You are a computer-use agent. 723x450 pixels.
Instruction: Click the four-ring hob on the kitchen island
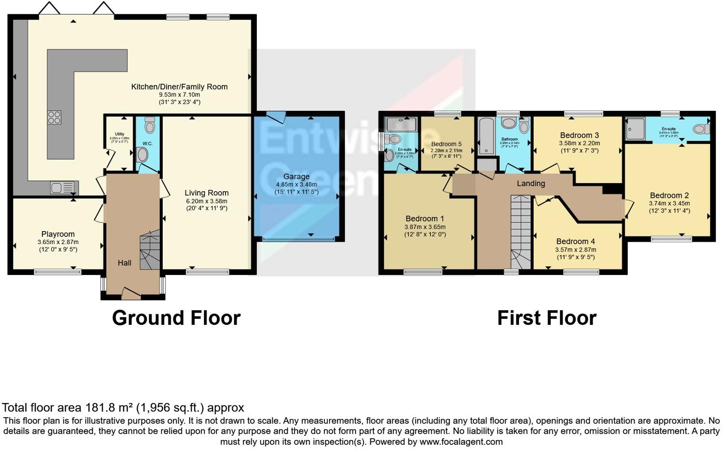point(54,117)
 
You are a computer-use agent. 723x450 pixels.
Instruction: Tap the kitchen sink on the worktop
point(62,187)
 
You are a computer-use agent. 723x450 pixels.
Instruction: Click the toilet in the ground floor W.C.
point(149,125)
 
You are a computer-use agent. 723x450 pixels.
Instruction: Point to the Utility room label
point(119,134)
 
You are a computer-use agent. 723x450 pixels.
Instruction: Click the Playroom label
point(58,234)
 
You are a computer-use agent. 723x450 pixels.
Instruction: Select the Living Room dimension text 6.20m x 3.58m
point(206,201)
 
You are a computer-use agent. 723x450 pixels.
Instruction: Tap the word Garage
point(296,176)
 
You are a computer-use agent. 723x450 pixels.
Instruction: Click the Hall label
point(125,263)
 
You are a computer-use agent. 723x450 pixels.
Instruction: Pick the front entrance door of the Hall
point(131,293)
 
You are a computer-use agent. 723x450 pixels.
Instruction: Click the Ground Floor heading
point(176,318)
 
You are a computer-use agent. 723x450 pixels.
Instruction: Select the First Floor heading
point(547,318)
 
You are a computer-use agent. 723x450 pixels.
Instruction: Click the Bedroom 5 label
point(446,144)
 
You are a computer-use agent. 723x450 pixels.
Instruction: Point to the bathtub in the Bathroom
point(487,136)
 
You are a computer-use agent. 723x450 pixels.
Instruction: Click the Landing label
point(531,183)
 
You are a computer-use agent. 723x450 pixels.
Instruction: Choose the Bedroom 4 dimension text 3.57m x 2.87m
point(576,250)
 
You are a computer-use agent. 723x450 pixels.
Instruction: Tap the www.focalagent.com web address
point(461,441)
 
